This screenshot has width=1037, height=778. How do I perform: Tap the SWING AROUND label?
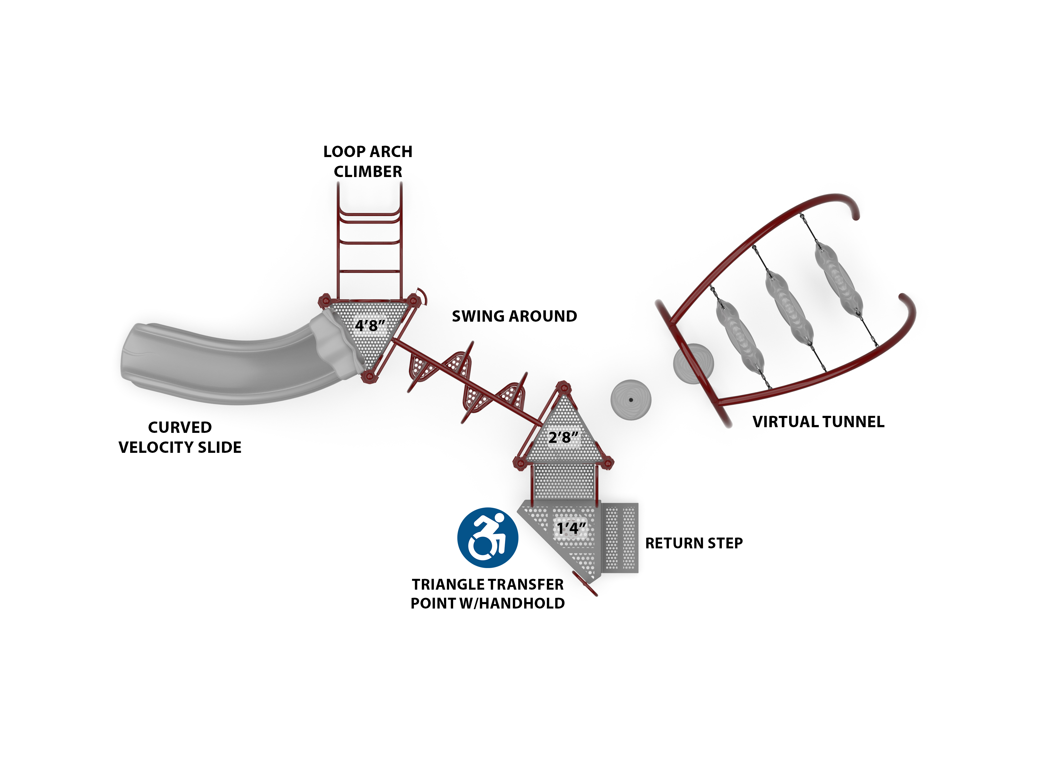coord(514,317)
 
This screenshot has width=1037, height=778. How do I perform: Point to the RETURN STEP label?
coord(694,543)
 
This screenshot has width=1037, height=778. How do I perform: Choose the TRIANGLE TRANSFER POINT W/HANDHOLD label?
coord(487,594)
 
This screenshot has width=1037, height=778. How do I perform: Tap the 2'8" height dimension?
coord(563,437)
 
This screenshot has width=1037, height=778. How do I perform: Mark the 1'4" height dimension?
coord(571,528)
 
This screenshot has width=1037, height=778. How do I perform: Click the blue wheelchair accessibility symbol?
coord(487,538)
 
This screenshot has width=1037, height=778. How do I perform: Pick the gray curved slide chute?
coord(225,365)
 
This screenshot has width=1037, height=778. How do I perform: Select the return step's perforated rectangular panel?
coord(620,538)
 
